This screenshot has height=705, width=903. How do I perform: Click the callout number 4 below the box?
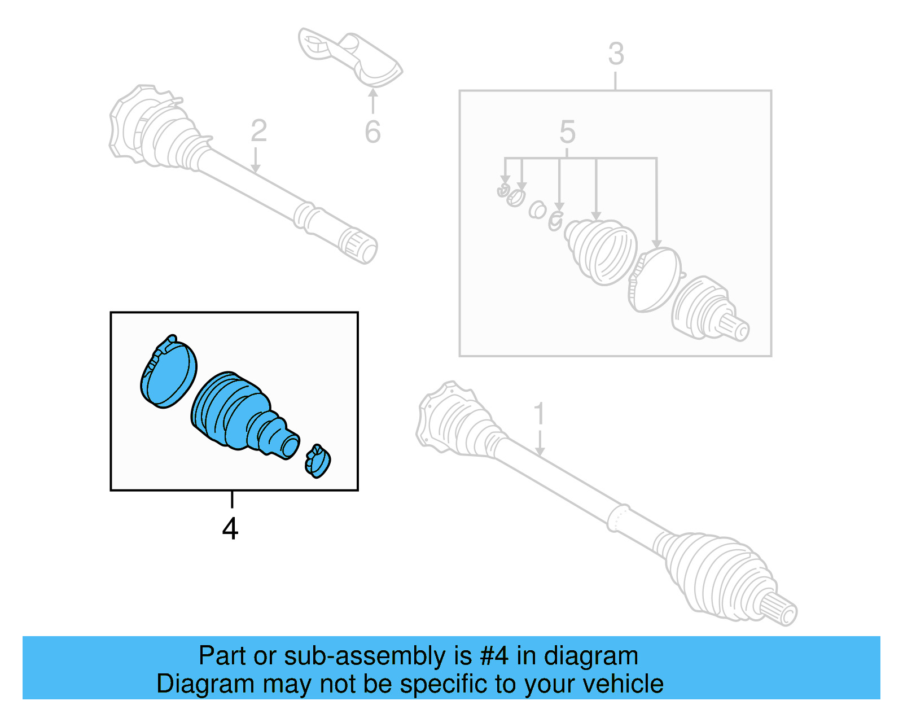230,529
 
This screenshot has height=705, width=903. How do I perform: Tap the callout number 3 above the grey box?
616,55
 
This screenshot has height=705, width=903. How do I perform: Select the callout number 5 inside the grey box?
567,132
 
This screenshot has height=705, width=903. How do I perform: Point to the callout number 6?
372,132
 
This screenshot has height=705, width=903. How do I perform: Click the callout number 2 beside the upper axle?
258,131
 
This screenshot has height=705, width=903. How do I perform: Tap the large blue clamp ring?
168,373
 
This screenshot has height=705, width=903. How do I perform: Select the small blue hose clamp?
318,461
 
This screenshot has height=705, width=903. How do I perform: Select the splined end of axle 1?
782,610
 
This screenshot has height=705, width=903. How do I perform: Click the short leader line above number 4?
232,500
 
